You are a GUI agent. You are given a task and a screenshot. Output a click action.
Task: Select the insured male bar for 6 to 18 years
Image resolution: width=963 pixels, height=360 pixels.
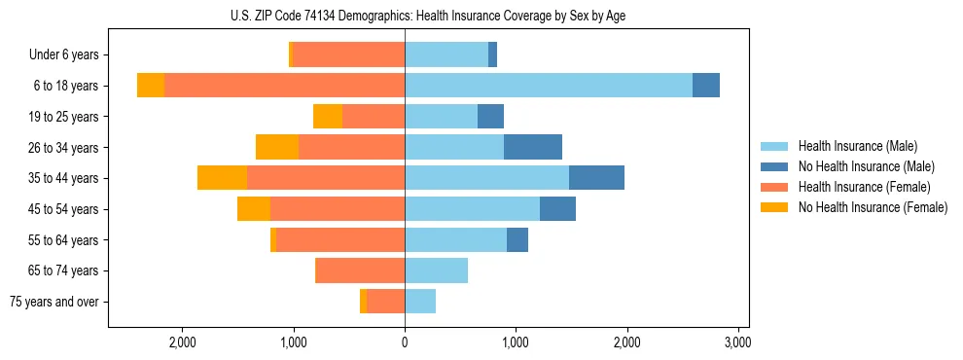pos(549,86)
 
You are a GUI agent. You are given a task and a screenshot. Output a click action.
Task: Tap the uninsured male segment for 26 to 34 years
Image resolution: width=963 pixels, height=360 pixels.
pos(533,147)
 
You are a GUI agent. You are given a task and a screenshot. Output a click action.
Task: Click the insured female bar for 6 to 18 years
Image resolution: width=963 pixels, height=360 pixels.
pos(284,86)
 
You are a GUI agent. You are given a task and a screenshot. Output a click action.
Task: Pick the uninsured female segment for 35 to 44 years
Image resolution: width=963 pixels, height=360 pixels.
pos(222,178)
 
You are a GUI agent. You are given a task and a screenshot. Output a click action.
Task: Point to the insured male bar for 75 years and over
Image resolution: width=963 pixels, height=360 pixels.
pos(420,302)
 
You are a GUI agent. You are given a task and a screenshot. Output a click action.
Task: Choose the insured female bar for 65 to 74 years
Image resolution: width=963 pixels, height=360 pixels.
pos(361,270)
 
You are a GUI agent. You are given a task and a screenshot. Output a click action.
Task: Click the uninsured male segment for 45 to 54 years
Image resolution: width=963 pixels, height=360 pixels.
pos(557,209)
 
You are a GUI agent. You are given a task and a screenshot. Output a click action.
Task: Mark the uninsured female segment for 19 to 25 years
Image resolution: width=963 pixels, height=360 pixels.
pos(328,117)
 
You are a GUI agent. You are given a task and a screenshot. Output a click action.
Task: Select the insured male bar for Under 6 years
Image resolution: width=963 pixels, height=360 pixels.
pos(446,55)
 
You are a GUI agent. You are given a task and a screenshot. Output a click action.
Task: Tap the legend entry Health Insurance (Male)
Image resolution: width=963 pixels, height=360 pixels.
pos(857,146)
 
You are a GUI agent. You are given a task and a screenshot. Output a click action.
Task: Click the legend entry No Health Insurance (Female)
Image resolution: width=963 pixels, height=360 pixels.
pos(873,207)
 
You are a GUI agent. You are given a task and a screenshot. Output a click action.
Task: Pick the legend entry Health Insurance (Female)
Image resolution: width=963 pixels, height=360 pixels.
pos(864,187)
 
